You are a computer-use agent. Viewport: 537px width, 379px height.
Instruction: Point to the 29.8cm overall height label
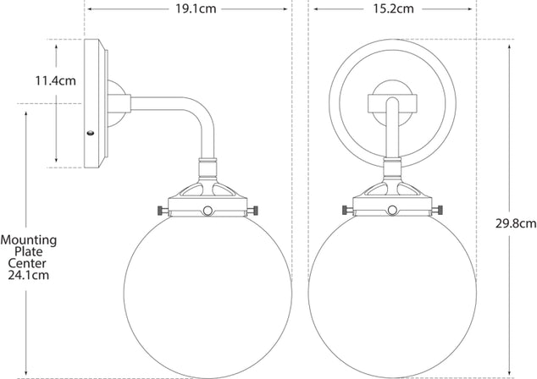pyautogui.click(x=515, y=223)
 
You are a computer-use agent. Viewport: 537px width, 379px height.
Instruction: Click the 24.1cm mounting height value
pyautogui.click(x=29, y=275)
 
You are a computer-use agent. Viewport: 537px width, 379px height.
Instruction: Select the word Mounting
pyautogui.click(x=29, y=240)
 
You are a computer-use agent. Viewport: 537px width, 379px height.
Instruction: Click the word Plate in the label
pyautogui.click(x=29, y=252)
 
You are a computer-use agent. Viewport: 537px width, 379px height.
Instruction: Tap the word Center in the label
pyautogui.click(x=29, y=263)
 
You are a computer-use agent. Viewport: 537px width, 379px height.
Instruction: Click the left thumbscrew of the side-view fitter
pyautogui.click(x=158, y=209)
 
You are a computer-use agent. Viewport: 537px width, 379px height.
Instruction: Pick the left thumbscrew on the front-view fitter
pyautogui.click(x=346, y=209)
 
